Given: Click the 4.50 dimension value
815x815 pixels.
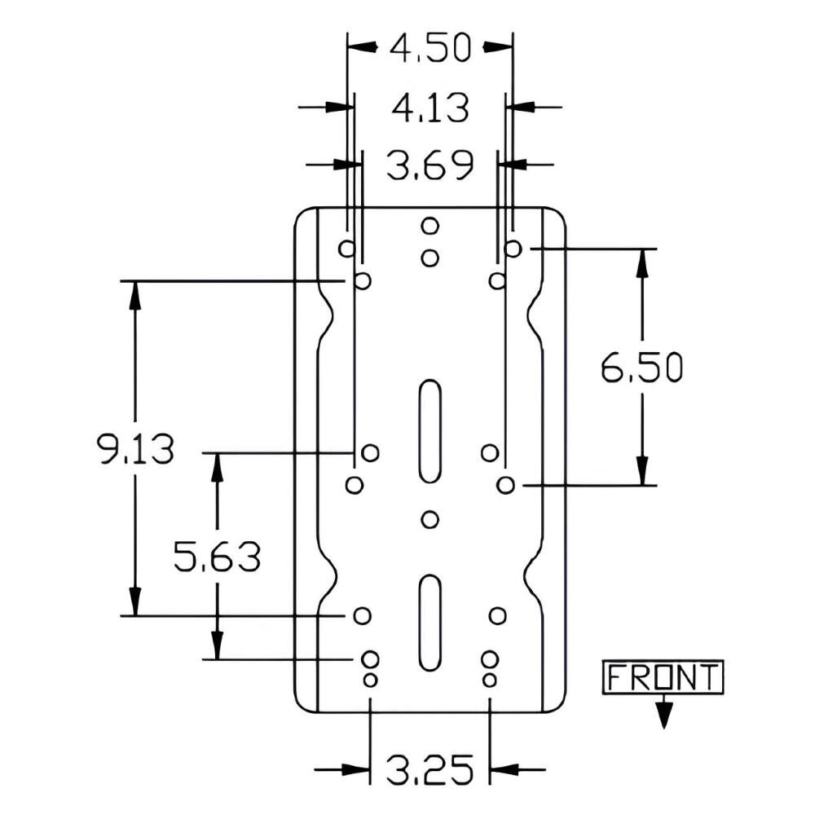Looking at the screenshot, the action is coord(430,48).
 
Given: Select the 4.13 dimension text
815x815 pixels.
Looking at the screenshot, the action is coord(430,108).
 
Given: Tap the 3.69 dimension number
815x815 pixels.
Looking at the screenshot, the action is coord(430,165).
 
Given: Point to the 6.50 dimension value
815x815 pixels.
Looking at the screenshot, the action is coord(642,368).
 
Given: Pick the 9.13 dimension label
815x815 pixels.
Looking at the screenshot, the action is coord(135,449).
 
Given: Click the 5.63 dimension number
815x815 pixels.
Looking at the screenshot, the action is coord(218,557).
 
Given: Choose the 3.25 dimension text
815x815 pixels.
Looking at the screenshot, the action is coord(430,769).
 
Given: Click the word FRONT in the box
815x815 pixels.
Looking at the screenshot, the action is coord(663,677).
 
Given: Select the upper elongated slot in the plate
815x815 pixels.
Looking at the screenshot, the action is coord(430,431).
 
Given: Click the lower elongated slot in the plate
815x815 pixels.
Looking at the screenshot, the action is coord(430,623).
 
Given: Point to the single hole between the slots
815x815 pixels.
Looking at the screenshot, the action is coord(430,519).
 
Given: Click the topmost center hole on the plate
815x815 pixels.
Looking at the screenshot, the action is coord(430,226).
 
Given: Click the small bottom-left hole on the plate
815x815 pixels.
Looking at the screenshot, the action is coord(370,680).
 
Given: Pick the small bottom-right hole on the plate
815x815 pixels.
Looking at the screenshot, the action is coord(490,680).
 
